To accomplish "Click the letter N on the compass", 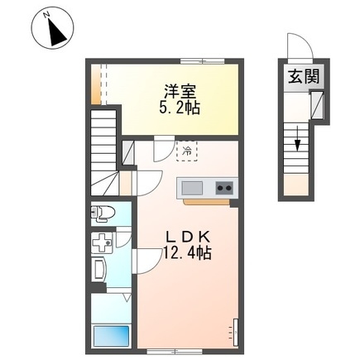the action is pyautogui.click(x=46, y=15).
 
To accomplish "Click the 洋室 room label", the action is pyautogui.click(x=180, y=92).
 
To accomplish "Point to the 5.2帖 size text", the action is pyautogui.click(x=180, y=108).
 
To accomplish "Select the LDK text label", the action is pyautogui.click(x=188, y=237).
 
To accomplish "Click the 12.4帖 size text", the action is pyautogui.click(x=188, y=252).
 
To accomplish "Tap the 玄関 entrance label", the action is pyautogui.click(x=304, y=76).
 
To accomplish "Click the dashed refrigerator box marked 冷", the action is pyautogui.click(x=187, y=151).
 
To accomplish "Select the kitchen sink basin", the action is pyautogui.click(x=191, y=188).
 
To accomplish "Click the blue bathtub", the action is pyautogui.click(x=112, y=336).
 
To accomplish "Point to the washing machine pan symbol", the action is pyautogui.click(x=102, y=242).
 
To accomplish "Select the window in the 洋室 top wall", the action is pyautogui.click(x=203, y=61).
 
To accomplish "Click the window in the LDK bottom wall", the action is pyautogui.click(x=175, y=352).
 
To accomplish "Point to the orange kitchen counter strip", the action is pyautogui.click(x=207, y=202).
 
